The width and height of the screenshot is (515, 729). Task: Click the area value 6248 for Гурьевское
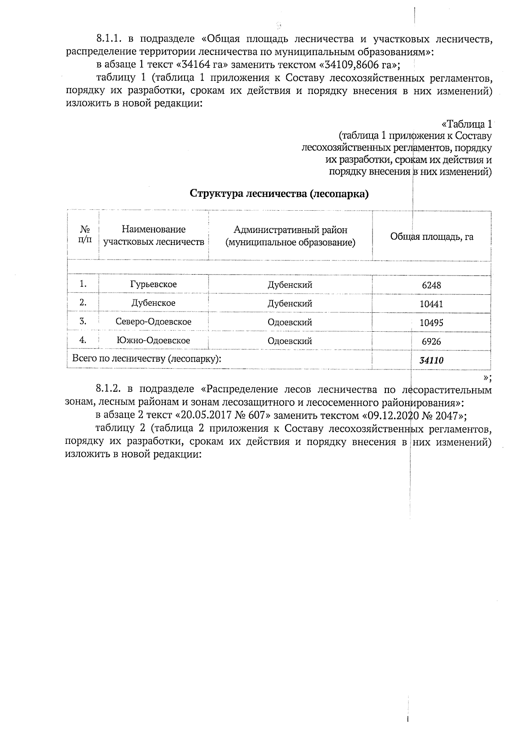[431, 285]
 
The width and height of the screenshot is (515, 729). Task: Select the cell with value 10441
[431, 304]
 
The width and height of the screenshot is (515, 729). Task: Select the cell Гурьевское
[153, 284]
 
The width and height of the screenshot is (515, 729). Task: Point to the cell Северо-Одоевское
[153, 322]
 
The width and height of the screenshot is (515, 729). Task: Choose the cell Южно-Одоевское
[153, 341]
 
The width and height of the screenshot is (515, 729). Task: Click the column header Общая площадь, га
[431, 237]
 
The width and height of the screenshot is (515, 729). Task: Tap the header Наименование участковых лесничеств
[153, 236]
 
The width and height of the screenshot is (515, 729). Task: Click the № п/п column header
[85, 235]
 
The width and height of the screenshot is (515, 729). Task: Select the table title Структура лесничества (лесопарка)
[279, 194]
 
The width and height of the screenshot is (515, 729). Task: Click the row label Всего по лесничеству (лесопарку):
[147, 359]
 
